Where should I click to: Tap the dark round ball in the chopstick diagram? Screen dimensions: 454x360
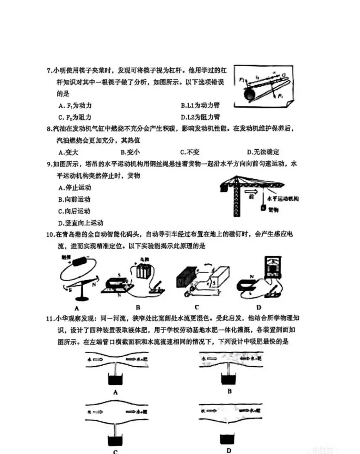(x=250, y=95)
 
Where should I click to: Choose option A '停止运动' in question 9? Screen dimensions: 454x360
(x=75, y=188)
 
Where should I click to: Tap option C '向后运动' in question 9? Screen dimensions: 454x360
(x=75, y=211)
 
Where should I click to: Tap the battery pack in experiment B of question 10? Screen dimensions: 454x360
(x=143, y=273)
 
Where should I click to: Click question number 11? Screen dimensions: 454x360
(x=50, y=318)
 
